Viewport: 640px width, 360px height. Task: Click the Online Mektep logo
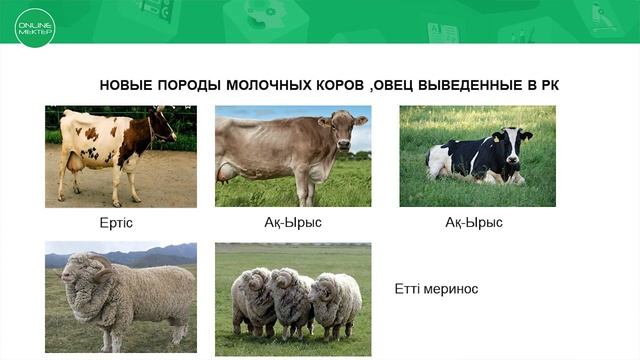(35, 28)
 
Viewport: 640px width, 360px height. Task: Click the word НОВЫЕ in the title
(126, 85)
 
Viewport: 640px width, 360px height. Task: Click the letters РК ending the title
(549, 85)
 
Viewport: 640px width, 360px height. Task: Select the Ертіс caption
(116, 222)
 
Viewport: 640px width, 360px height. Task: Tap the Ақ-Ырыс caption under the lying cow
(474, 222)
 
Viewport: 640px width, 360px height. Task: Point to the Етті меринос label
(437, 289)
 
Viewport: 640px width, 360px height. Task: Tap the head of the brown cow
(345, 129)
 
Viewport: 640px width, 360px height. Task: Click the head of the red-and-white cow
(163, 125)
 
